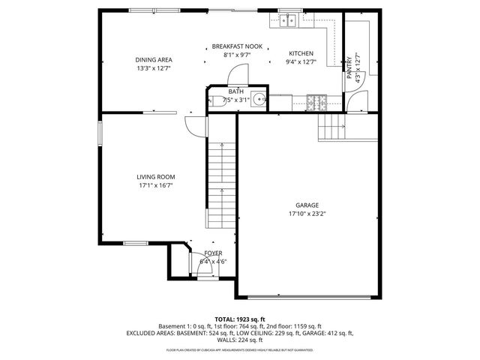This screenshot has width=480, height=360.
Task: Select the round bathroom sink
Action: (x=258, y=99)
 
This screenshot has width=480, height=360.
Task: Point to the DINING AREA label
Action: (x=154, y=59)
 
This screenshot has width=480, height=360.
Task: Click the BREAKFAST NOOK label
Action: (x=237, y=46)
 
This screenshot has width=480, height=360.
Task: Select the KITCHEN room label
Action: (x=301, y=53)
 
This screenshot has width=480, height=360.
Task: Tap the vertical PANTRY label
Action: (x=349, y=65)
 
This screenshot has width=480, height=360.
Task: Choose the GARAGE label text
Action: (x=307, y=205)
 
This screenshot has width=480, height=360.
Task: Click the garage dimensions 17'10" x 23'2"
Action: (x=307, y=213)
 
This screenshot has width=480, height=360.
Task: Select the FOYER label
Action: (x=213, y=254)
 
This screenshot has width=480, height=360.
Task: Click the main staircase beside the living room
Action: (x=221, y=180)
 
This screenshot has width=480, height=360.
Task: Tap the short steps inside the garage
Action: (x=331, y=128)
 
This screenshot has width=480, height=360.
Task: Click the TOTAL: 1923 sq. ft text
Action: (x=240, y=319)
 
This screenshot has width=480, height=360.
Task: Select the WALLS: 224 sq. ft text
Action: (x=240, y=340)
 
